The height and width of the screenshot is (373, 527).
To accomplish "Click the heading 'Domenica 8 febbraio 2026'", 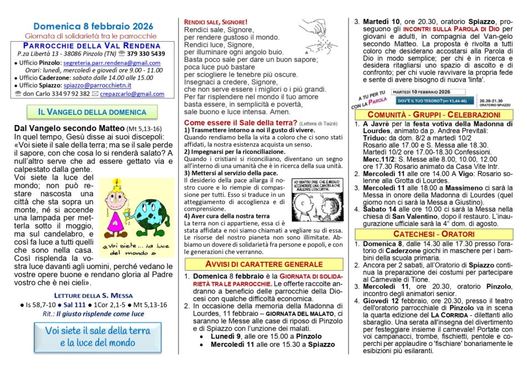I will [x=93, y=26].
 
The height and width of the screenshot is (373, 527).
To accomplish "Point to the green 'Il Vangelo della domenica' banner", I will [x=92, y=112].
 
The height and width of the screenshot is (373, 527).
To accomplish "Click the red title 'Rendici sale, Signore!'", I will [x=216, y=22].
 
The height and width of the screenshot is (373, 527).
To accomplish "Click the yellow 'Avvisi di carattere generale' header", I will [x=263, y=264].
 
